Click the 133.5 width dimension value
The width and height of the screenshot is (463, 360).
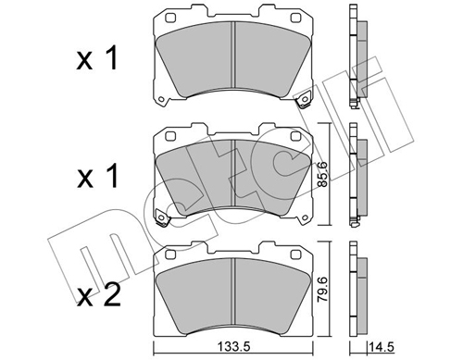click(233, 347)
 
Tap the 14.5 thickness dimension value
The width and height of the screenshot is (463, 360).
click(382, 347)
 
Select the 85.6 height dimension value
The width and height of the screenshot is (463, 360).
click(323, 174)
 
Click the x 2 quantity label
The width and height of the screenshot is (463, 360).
click(98, 296)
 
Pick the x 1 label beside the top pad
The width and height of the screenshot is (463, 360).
click(97, 57)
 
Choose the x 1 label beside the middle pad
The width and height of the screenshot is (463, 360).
click(97, 176)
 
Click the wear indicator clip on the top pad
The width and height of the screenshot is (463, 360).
click(304, 100)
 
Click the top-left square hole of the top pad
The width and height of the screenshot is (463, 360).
click(170, 19)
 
